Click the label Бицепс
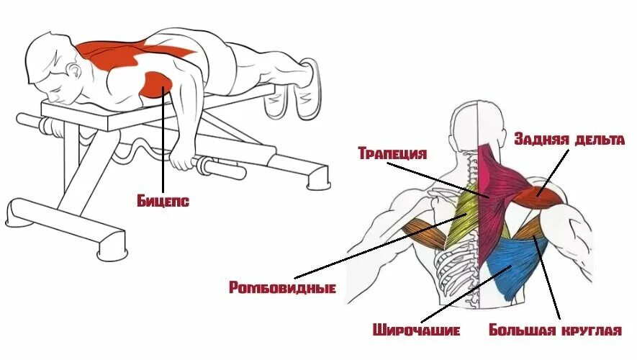point(163,201)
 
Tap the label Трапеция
point(392,154)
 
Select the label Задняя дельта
point(569,140)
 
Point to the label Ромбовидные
point(283,288)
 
